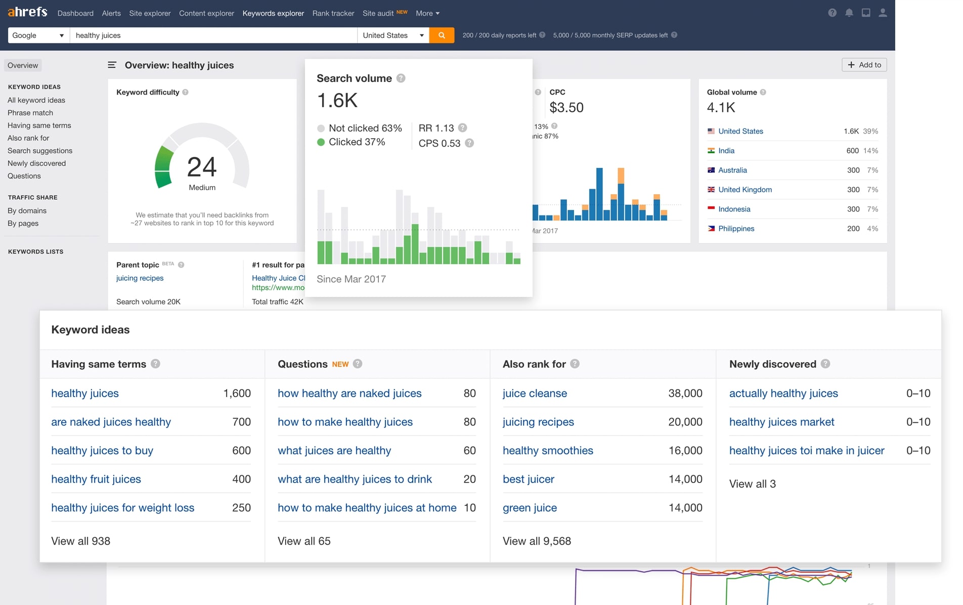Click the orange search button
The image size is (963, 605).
coord(442,35)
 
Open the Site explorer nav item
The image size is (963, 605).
coord(150,13)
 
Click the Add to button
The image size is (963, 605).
coord(864,65)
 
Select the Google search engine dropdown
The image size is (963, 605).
coord(38,35)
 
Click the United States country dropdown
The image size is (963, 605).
coord(393,35)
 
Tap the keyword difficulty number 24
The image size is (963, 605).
coord(202,167)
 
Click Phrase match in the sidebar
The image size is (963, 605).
coord(30,113)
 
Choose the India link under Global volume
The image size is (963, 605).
coord(726,151)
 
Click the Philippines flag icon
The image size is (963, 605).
coord(711,229)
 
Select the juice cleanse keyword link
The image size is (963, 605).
coord(535,394)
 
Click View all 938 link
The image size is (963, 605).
coord(81,541)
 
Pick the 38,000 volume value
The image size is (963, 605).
coord(685,394)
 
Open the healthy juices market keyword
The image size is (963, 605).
coord(781,422)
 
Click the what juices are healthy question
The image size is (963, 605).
coord(334,451)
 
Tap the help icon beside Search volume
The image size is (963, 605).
coord(401,78)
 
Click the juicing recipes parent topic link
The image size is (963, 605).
coord(140,278)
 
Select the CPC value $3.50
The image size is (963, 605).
coord(566,108)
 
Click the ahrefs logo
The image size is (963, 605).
coord(28,12)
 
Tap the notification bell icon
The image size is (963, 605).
coord(849,13)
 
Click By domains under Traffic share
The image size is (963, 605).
coord(27,211)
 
